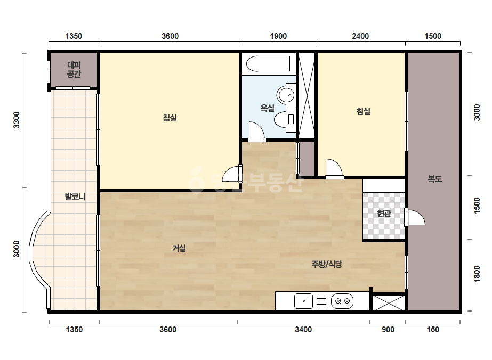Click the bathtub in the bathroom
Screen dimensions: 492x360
pyautogui.click(x=268, y=64)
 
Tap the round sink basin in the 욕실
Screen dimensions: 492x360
pyautogui.click(x=286, y=94)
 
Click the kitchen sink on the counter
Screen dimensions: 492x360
pyautogui.click(x=303, y=301)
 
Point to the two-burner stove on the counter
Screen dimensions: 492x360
pyautogui.click(x=342, y=301)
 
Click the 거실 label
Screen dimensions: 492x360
pyautogui.click(x=179, y=248)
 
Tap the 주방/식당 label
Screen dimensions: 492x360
pyautogui.click(x=327, y=264)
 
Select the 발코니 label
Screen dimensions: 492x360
pyautogui.click(x=75, y=197)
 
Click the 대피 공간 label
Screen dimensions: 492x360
pyautogui.click(x=74, y=70)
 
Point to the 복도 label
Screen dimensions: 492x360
pyautogui.click(x=435, y=179)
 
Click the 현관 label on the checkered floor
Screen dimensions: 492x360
pyautogui.click(x=384, y=214)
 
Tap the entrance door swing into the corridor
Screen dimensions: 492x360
pyautogui.click(x=415, y=217)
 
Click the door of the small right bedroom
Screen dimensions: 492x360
pyautogui.click(x=334, y=169)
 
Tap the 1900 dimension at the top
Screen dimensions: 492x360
pyautogui.click(x=278, y=36)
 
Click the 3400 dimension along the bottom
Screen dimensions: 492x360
pyautogui.click(x=303, y=329)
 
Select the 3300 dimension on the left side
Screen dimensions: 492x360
pyautogui.click(x=17, y=120)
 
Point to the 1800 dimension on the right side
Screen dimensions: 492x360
pyautogui.click(x=477, y=274)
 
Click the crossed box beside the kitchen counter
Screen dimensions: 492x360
pyautogui.click(x=389, y=303)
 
